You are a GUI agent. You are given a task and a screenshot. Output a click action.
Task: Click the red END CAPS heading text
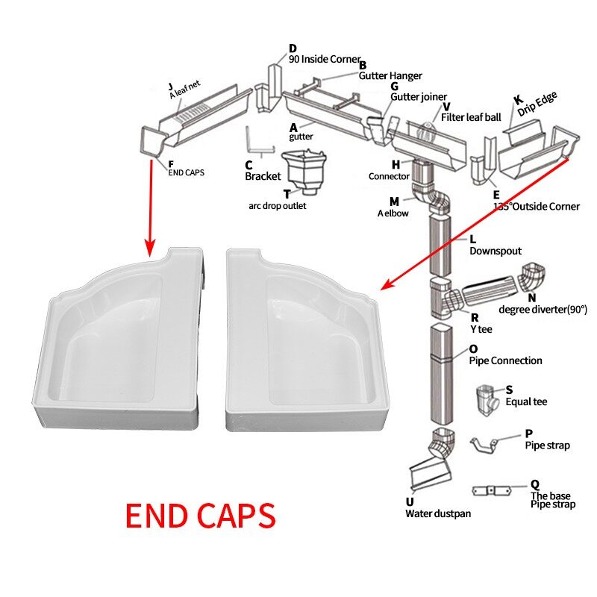click(200, 516)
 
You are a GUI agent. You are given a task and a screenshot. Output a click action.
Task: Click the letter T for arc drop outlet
click(287, 193)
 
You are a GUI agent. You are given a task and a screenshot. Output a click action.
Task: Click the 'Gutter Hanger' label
click(390, 75)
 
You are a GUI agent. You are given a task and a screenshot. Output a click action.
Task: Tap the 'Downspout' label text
click(495, 251)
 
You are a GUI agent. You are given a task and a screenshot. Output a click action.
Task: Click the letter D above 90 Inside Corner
click(293, 49)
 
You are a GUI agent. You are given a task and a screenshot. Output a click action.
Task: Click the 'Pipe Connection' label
click(505, 360)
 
